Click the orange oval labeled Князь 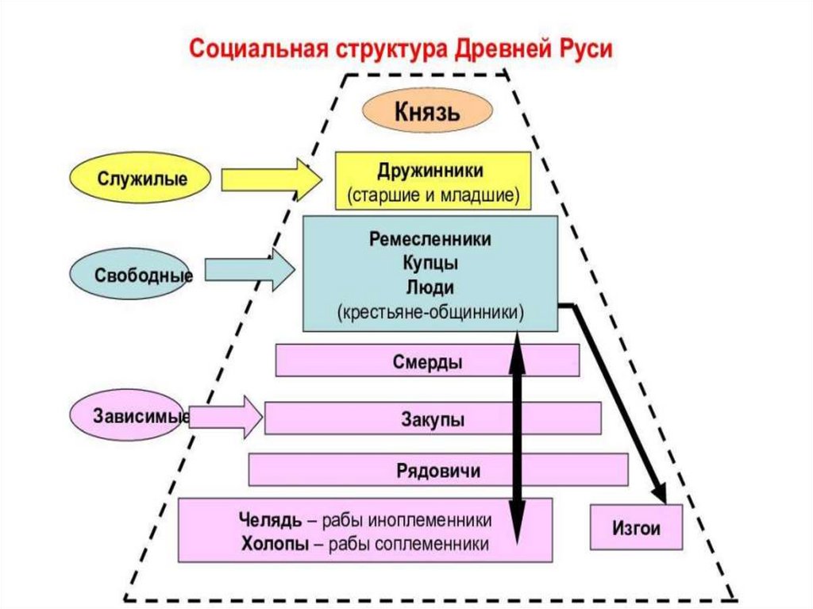coord(426,111)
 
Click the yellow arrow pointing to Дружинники coord(271,179)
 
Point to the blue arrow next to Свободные coord(251,273)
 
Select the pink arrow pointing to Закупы coord(226,417)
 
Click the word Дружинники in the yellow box coord(432,171)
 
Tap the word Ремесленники coord(430,239)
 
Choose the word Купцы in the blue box coord(430,262)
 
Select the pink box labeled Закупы coord(432,418)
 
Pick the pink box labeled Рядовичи coord(438,470)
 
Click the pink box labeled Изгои coord(636,527)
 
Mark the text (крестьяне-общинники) coord(430,311)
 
